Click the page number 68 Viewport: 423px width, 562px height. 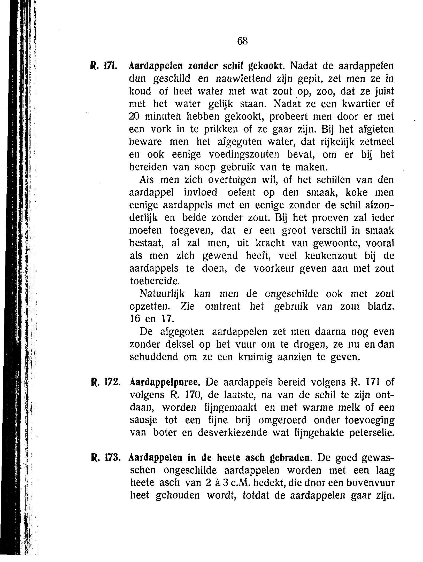pyautogui.click(x=242, y=41)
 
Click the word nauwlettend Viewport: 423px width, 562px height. pyautogui.click(x=243, y=79)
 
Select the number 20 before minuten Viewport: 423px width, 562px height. pyautogui.click(x=134, y=116)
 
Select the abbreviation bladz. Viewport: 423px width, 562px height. pyautogui.click(x=380, y=306)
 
